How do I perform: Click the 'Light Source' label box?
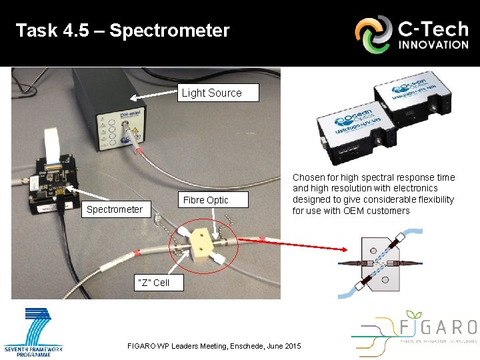coord(211,93)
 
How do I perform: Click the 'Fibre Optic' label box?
coord(205,200)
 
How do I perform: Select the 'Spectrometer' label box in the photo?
coord(114,209)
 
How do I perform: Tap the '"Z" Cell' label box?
coord(153,282)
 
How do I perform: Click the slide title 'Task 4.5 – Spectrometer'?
coord(123,31)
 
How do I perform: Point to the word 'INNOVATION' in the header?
coord(433,45)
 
